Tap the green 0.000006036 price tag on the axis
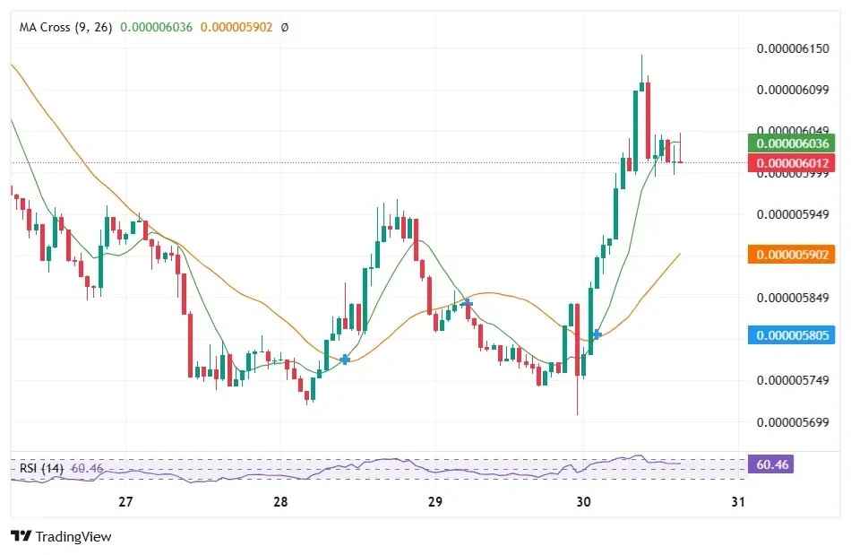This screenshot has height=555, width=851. [792, 143]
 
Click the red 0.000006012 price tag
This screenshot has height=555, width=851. [792, 162]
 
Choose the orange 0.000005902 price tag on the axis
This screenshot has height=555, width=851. [792, 255]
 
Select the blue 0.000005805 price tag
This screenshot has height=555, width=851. [792, 335]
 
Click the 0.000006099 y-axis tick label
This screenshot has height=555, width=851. [793, 91]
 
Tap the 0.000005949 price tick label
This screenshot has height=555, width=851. [793, 215]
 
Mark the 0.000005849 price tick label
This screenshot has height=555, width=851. [793, 298]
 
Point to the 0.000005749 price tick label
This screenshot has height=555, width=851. [793, 380]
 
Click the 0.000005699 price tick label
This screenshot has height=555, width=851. [793, 421]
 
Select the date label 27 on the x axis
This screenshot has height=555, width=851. [125, 502]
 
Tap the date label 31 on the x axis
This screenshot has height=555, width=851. [738, 502]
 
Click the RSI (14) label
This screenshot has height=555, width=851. [41, 467]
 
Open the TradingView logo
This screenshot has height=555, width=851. [61, 536]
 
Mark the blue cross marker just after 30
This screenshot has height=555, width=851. [597, 334]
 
